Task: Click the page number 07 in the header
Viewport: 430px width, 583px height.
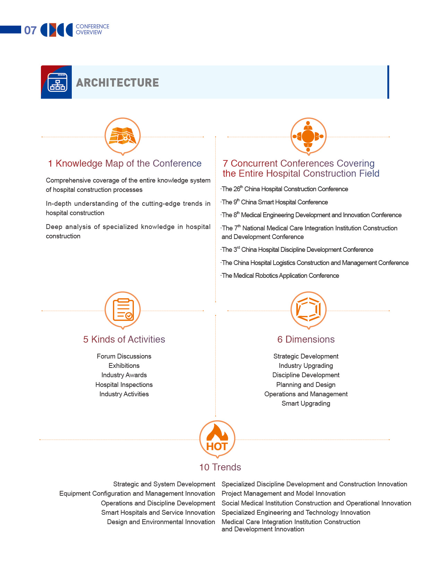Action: coord(30,30)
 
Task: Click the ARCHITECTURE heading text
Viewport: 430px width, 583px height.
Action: coord(117,82)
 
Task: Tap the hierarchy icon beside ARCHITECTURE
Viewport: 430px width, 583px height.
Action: coord(57,82)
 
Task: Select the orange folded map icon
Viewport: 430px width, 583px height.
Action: coord(122,135)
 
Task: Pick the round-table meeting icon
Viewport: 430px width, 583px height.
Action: coord(308,136)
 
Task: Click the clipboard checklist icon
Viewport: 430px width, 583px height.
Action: coord(123,309)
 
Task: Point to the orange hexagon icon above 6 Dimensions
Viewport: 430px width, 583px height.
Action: coord(308,309)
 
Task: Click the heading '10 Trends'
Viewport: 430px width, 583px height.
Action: coord(220,467)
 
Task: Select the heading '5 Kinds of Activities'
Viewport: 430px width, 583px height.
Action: coord(124,339)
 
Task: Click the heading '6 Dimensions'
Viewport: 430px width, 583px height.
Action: coord(306,339)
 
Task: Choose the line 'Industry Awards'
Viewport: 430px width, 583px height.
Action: coord(124,375)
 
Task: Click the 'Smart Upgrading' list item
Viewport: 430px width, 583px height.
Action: coord(306,404)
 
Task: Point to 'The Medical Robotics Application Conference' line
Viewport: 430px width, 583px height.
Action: coord(280,276)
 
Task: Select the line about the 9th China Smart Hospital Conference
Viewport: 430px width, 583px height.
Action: coord(275,202)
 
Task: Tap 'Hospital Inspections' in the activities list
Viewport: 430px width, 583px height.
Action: coord(124,385)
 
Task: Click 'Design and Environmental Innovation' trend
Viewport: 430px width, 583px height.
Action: coord(161,522)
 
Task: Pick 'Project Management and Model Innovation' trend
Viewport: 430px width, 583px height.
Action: coord(283,494)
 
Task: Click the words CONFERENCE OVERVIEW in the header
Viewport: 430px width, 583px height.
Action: coord(92,29)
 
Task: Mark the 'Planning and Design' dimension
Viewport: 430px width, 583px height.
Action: coord(306,385)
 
